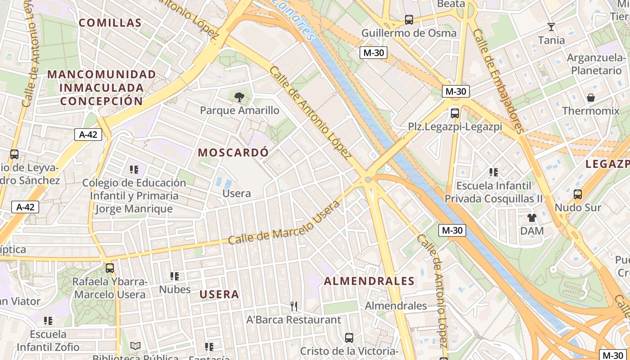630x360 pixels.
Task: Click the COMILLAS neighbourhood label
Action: [110, 22]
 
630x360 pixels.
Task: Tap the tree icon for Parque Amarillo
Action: [239, 96]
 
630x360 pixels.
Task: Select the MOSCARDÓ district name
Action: [233, 153]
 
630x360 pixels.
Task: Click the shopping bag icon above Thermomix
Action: [591, 98]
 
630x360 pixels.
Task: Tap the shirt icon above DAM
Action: [532, 218]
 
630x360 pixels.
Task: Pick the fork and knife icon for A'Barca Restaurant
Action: [294, 306]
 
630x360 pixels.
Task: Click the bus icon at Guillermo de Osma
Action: [409, 20]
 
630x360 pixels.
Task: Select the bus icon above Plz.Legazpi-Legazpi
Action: [455, 113]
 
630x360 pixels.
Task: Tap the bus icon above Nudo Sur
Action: [578, 194]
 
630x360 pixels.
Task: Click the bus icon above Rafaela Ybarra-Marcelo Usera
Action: [110, 268]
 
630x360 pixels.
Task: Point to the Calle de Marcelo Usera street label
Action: [284, 223]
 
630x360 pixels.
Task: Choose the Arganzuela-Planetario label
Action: [596, 64]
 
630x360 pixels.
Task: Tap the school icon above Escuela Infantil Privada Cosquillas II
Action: [494, 172]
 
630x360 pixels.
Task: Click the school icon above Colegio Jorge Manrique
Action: [134, 170]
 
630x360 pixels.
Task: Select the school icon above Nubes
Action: [175, 276]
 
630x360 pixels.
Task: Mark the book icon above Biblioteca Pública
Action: [135, 346]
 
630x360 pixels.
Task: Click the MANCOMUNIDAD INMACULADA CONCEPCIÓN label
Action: [102, 87]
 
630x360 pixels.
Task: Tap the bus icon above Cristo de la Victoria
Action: [349, 337]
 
